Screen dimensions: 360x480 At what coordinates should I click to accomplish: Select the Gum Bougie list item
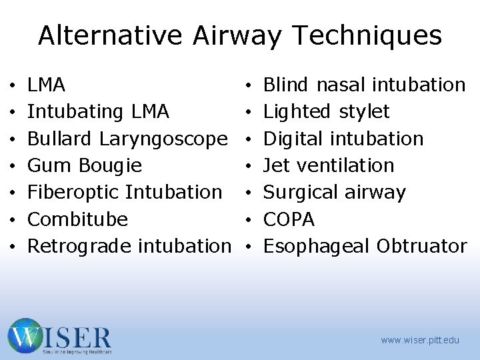[85, 165]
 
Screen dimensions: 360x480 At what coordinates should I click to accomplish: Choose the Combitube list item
[77, 219]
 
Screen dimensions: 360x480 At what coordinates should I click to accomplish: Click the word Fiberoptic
[73, 192]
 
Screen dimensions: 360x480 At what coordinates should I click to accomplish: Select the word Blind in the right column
[286, 85]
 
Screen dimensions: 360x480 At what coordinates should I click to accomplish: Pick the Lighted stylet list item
[327, 111]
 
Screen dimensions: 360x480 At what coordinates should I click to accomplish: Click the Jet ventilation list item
[329, 165]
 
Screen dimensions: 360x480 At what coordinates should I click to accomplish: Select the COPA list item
[289, 219]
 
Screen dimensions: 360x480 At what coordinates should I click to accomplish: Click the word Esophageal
[317, 246]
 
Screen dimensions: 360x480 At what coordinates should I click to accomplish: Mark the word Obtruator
[421, 246]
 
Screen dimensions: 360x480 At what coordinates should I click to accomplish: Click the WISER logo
[59, 336]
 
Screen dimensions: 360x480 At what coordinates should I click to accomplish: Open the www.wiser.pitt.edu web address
[420, 340]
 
